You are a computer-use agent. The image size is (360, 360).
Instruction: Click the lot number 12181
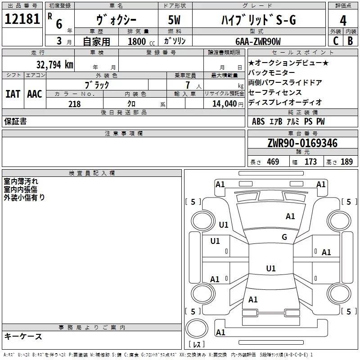(22, 19)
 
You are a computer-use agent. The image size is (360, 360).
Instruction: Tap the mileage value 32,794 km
(55, 65)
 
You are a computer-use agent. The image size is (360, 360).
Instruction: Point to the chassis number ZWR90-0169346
(302, 144)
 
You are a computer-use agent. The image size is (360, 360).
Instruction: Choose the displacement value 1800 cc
(137, 41)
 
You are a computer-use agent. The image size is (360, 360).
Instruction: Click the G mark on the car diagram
(284, 237)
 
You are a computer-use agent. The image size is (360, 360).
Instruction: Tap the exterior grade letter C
(335, 41)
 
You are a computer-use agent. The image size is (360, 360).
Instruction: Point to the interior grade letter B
(350, 41)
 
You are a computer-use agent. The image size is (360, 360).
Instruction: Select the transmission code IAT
(13, 94)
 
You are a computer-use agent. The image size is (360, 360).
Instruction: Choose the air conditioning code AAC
(35, 94)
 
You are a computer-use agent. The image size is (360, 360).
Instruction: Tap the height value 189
(346, 162)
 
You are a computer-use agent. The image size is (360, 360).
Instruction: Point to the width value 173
(310, 162)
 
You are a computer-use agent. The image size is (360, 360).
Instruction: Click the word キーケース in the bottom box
(23, 337)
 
